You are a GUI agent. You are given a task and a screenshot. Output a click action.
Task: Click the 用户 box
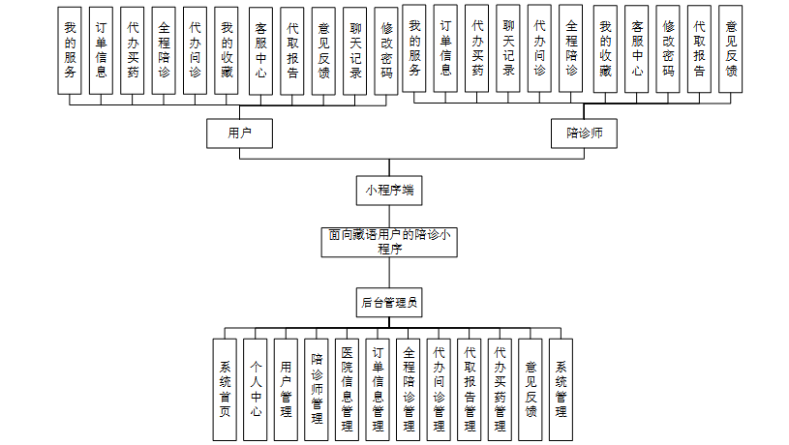238,133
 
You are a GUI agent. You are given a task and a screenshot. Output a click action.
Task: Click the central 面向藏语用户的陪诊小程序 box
389,242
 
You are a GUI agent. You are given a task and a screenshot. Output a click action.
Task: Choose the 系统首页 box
225,389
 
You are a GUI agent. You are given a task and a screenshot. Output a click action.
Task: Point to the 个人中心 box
255,389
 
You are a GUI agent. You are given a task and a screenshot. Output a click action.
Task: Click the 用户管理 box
286,389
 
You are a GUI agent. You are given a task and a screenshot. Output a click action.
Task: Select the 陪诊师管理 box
316,389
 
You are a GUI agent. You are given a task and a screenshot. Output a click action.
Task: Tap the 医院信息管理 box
347,389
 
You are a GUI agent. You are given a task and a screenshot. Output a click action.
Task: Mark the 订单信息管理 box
378,389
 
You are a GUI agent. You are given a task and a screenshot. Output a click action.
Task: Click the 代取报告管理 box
470,389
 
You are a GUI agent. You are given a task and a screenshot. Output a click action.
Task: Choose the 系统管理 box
561,389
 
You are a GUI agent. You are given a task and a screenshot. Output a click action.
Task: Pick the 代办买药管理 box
500,389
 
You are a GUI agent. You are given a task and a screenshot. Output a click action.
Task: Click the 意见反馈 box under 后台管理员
531,389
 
